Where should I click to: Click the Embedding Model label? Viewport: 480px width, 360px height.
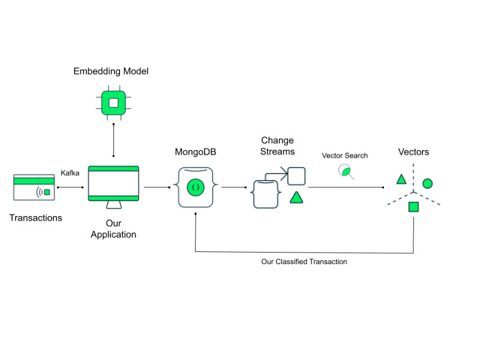coord(111,71)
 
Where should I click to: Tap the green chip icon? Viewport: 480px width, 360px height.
coord(113,103)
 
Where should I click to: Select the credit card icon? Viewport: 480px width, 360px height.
coord(34,187)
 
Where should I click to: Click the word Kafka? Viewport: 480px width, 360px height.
coord(70,173)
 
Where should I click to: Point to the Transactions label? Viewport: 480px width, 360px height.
coord(36,218)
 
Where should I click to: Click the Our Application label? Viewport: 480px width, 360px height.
coord(113,229)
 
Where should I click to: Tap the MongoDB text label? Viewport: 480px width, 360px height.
coord(196,152)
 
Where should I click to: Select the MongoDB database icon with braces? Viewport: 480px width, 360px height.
coord(196,187)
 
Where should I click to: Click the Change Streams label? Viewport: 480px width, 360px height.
coord(277,146)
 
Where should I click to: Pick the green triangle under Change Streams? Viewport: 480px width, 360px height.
coord(296,197)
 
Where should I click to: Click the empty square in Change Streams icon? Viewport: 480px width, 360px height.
coord(296,176)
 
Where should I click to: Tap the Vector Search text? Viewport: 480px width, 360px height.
coord(345,155)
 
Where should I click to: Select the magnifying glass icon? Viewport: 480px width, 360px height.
coord(347,172)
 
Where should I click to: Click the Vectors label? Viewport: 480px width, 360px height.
coord(414,152)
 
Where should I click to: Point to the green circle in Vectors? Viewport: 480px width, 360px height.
coord(427,184)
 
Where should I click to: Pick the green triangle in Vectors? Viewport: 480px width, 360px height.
coord(401,179)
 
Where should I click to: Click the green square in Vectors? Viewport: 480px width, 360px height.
coord(413,207)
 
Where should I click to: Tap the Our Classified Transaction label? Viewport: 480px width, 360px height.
coord(304,262)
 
